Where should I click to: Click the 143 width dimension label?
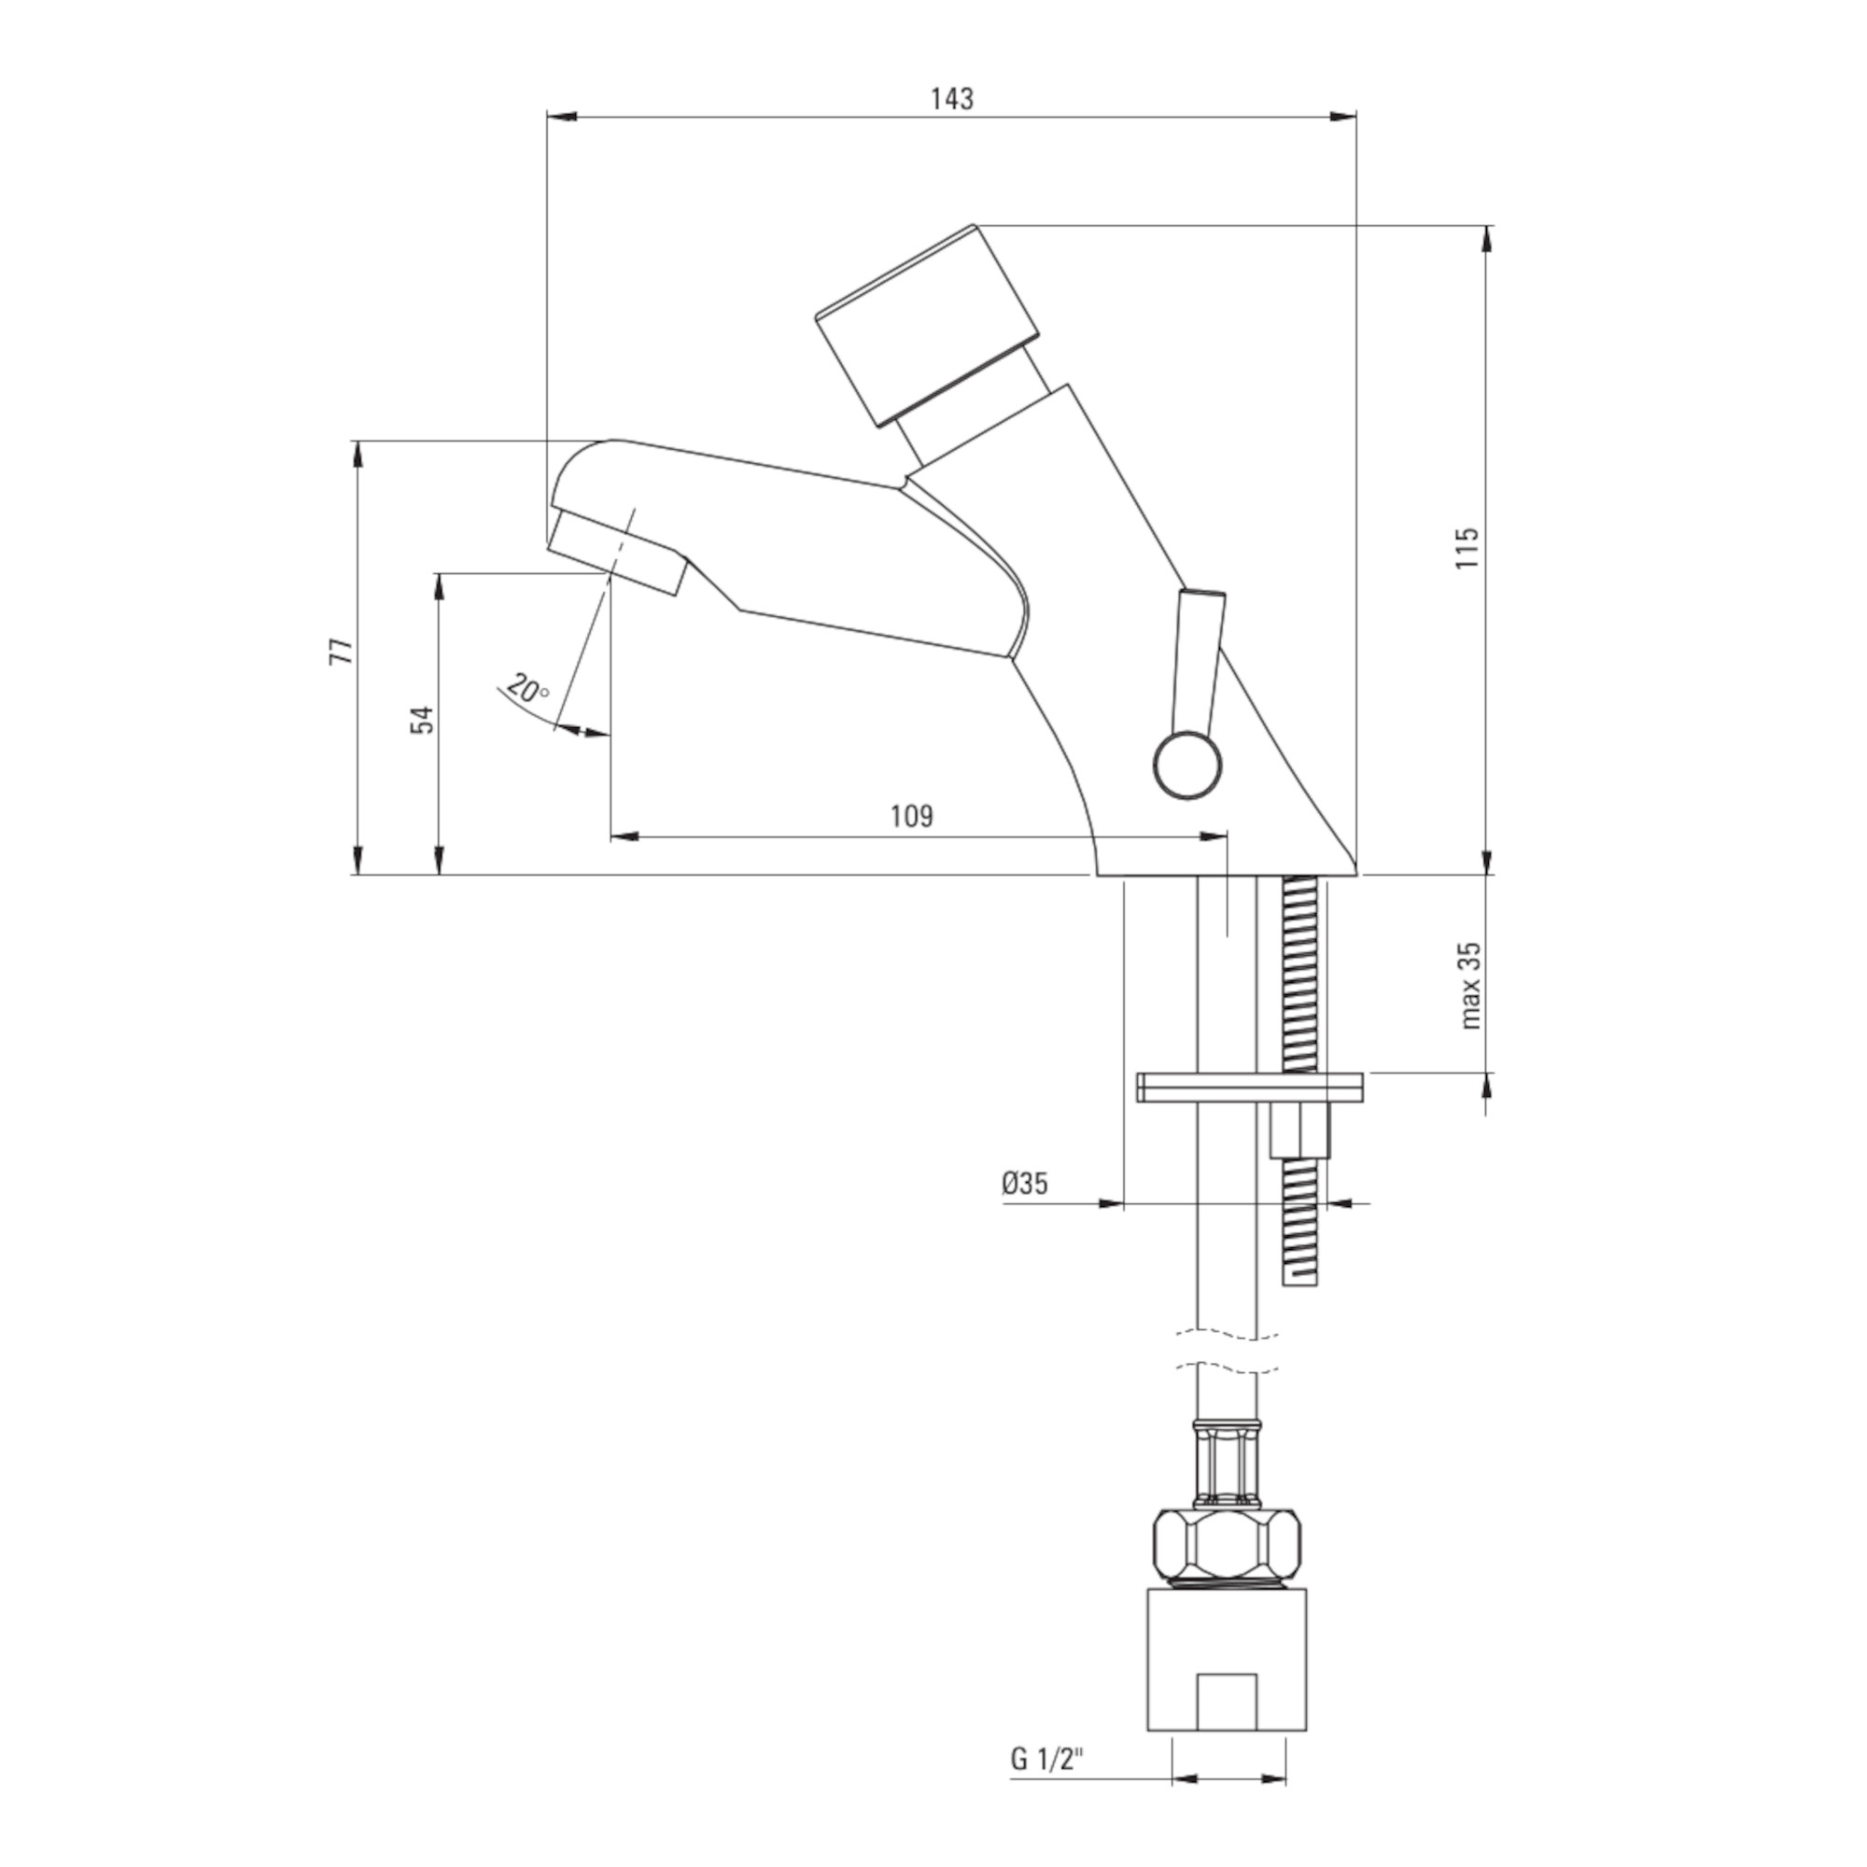click(x=952, y=99)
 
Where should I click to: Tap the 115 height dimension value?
click(x=1467, y=548)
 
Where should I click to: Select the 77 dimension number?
click(x=342, y=651)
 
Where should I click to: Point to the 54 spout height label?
click(x=422, y=720)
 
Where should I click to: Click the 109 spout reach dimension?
click(x=911, y=817)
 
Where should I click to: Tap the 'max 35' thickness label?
click(x=1470, y=986)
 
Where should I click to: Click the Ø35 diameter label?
click(x=1024, y=1183)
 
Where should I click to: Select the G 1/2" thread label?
click(x=1047, y=1733)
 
